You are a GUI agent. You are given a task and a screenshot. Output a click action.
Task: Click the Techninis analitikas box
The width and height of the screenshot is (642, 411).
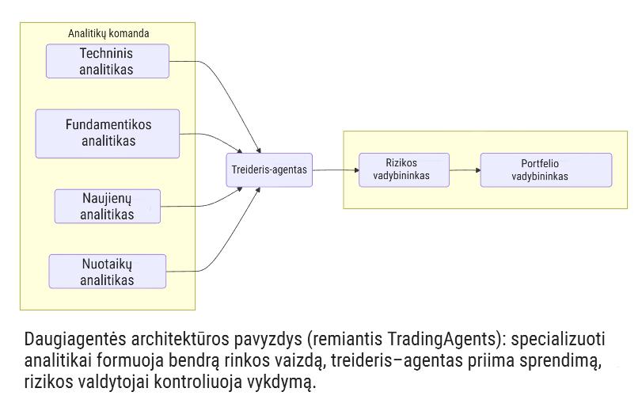(107, 61)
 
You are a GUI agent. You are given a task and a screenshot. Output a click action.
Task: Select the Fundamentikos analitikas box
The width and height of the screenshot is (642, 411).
(108, 133)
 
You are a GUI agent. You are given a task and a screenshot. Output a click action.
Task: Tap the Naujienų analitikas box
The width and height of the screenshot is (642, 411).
(107, 206)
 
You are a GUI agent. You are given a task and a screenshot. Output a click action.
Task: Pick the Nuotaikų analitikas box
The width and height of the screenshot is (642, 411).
(107, 272)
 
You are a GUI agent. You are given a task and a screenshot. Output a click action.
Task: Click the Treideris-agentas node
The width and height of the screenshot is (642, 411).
(269, 169)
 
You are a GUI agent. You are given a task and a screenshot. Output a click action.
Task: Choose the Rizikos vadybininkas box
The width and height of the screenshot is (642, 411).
(404, 169)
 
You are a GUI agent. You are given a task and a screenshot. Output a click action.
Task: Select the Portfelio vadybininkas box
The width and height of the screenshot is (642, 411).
(545, 169)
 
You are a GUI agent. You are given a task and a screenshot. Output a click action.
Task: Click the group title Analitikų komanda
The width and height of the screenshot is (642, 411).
(108, 33)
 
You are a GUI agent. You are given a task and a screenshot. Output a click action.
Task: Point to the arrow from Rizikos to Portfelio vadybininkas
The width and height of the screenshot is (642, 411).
(465, 169)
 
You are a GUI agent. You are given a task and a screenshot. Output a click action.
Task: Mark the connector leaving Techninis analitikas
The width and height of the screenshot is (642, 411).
(214, 79)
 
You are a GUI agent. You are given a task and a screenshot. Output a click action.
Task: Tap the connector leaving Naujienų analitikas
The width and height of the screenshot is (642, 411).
(206, 206)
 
